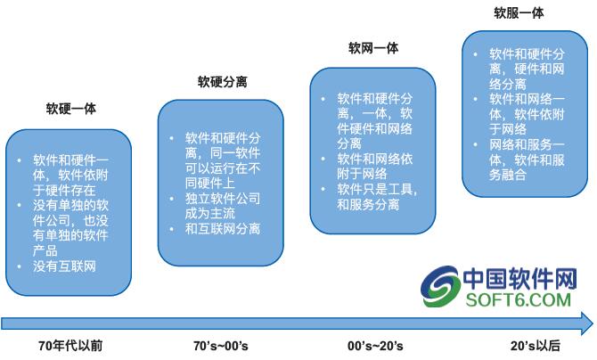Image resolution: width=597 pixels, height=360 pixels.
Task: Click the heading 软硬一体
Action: (x=70, y=109)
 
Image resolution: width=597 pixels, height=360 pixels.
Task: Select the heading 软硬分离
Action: (x=223, y=81)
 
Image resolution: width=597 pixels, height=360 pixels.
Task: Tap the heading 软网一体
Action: (x=373, y=48)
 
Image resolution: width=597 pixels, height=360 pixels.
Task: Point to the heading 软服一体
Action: (x=519, y=13)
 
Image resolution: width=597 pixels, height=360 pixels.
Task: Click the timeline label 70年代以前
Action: (x=70, y=346)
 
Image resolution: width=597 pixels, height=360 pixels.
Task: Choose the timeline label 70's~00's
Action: (x=221, y=346)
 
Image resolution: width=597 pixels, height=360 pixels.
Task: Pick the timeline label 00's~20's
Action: (x=375, y=346)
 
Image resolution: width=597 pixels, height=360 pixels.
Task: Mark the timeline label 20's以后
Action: (x=536, y=346)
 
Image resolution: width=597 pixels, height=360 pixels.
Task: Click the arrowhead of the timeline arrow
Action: (x=587, y=323)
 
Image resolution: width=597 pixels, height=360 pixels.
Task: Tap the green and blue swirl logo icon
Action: (x=440, y=286)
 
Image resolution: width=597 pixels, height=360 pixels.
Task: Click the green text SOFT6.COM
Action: (x=519, y=299)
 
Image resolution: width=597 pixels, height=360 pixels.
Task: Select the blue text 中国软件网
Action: (x=520, y=278)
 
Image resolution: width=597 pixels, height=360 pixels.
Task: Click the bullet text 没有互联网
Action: (x=64, y=266)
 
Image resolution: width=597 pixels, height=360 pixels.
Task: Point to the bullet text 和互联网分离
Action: (x=223, y=229)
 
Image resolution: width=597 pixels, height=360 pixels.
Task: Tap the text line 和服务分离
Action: (x=368, y=205)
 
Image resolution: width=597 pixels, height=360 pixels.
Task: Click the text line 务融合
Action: (x=508, y=175)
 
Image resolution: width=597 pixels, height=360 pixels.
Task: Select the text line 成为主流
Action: (x=210, y=213)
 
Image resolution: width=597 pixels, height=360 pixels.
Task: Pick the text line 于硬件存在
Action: (x=64, y=190)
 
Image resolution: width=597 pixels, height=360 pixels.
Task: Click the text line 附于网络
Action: (x=362, y=174)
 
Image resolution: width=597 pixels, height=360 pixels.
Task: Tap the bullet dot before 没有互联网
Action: (x=19, y=266)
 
